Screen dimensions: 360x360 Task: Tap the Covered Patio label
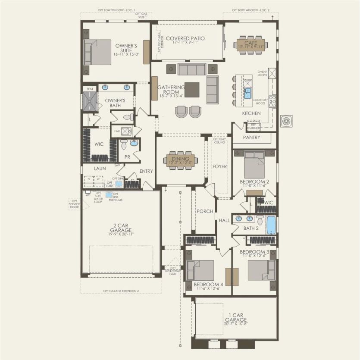pyautogui.click(x=185, y=40)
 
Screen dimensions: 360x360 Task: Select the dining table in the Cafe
pyautogui.click(x=250, y=44)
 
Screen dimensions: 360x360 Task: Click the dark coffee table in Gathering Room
pyautogui.click(x=192, y=90)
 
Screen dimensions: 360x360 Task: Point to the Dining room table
pyautogui.click(x=179, y=160)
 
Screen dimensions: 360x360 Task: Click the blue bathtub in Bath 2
pyautogui.click(x=270, y=225)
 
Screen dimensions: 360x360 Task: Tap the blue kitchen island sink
pyautogui.click(x=248, y=91)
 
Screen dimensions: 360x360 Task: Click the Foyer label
pyautogui.click(x=219, y=166)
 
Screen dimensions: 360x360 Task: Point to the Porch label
pyautogui.click(x=205, y=211)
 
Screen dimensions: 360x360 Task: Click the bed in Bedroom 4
pyautogui.click(x=201, y=270)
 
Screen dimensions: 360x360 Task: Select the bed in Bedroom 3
pyautogui.click(x=260, y=270)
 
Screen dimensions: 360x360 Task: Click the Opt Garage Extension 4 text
pyautogui.click(x=121, y=291)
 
